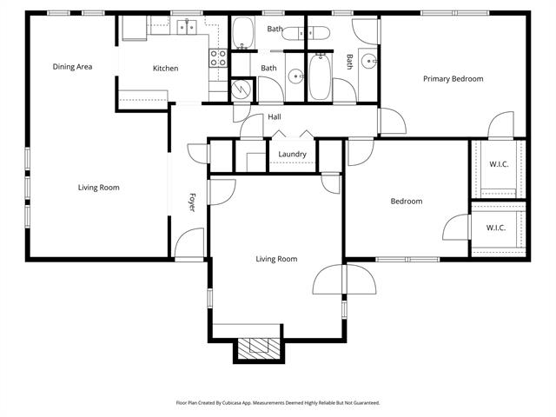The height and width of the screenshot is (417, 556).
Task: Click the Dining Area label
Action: click(x=72, y=67)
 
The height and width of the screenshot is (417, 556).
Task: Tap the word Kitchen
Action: click(x=165, y=69)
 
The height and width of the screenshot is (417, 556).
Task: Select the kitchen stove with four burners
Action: click(x=218, y=58)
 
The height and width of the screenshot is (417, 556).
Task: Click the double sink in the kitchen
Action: click(x=187, y=28)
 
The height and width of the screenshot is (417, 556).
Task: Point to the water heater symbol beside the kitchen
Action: click(x=242, y=88)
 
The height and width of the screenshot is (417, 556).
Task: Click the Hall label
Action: click(x=274, y=117)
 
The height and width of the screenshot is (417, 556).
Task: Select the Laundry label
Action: click(x=292, y=155)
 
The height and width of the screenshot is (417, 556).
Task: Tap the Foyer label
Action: click(x=192, y=202)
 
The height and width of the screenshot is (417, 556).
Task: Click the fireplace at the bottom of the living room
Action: click(x=258, y=348)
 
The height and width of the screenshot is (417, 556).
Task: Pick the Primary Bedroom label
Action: click(x=453, y=79)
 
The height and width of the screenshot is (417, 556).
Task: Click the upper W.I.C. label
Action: click(x=498, y=163)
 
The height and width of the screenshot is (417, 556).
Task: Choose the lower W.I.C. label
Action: click(x=496, y=228)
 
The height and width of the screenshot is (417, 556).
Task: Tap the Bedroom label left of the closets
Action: click(x=406, y=202)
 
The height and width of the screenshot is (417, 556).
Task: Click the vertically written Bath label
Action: click(x=350, y=62)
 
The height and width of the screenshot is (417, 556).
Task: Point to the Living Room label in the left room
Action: click(x=98, y=188)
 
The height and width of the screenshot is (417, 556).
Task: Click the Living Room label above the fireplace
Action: click(x=276, y=259)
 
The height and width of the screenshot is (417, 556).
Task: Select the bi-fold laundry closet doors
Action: click(x=292, y=136)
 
